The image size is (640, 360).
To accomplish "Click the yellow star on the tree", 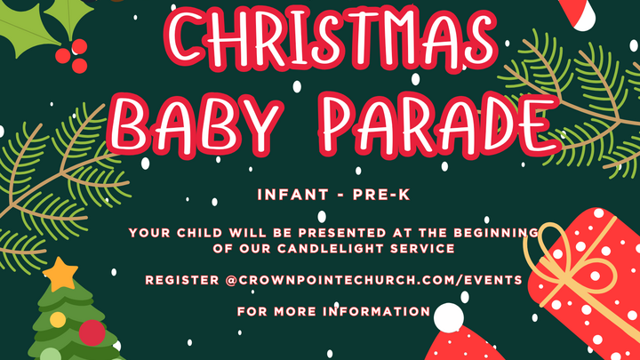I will click(60, 275).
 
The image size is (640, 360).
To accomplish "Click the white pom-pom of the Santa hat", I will click(449, 316).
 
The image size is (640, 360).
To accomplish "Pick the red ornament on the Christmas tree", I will click(92, 332).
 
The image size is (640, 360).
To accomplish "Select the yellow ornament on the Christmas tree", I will click(58, 319).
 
